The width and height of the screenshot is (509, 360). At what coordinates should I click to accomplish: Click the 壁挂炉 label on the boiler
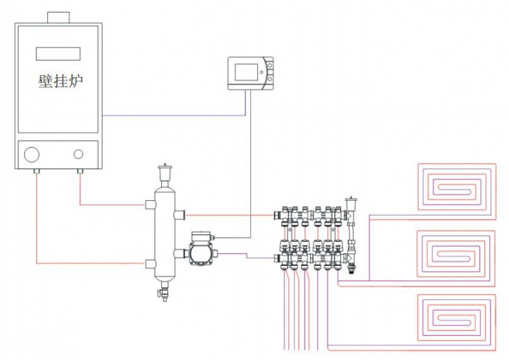[61, 81]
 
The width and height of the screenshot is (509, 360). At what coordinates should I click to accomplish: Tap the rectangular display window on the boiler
[58, 54]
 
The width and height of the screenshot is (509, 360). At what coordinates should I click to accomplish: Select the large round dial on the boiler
[32, 154]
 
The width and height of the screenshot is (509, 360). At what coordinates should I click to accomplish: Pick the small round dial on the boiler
[78, 154]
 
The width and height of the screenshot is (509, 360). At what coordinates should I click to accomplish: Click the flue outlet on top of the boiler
[59, 18]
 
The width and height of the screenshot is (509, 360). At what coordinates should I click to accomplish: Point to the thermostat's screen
[247, 72]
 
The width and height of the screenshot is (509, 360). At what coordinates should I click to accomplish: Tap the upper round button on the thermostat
[270, 66]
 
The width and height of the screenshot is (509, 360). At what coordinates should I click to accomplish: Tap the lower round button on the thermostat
[270, 79]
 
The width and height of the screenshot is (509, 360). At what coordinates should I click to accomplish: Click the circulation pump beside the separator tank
[201, 248]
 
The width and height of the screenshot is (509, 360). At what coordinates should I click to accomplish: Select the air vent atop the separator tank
[165, 174]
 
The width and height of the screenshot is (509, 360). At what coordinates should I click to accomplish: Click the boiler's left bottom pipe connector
[37, 171]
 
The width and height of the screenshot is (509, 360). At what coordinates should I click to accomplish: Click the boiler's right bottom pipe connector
[80, 171]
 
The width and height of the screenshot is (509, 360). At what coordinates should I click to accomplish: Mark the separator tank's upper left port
[150, 204]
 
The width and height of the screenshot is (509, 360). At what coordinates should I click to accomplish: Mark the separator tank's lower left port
[150, 264]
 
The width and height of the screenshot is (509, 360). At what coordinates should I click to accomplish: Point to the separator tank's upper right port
[180, 214]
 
